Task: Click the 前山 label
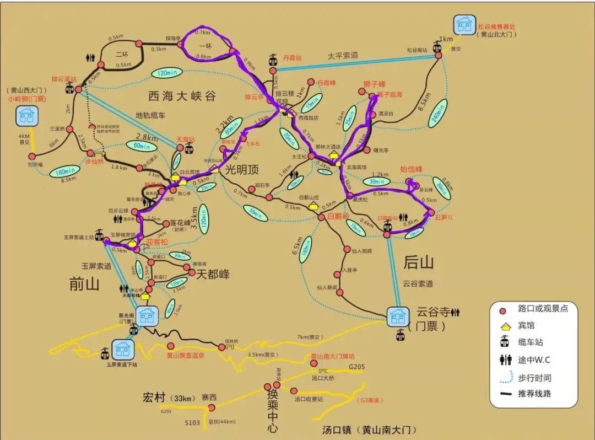point(85,283)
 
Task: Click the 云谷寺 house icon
point(398,317)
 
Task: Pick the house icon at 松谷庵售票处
point(464,25)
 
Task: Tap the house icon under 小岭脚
point(26,116)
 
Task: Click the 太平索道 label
point(343,55)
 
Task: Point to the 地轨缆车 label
point(150,116)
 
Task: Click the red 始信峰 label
point(411,169)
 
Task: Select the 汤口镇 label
point(369,430)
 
